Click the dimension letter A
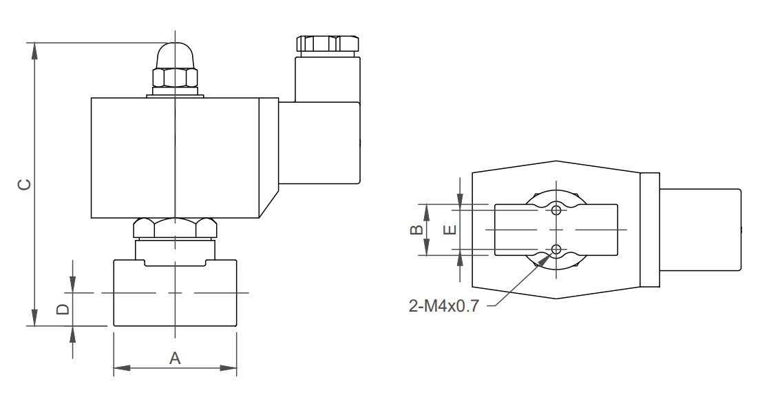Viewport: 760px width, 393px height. coord(176,358)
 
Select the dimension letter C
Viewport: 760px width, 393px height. coord(23,184)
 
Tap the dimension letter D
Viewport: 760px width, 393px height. coord(63,309)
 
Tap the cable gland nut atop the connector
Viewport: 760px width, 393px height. coord(327,43)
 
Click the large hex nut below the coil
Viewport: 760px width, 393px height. coord(176,228)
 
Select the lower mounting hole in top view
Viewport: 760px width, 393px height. coord(557,249)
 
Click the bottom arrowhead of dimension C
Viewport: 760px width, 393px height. coord(33,318)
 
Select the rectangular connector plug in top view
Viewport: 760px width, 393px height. coord(700,230)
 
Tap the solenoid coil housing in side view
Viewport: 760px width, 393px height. coord(176,158)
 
